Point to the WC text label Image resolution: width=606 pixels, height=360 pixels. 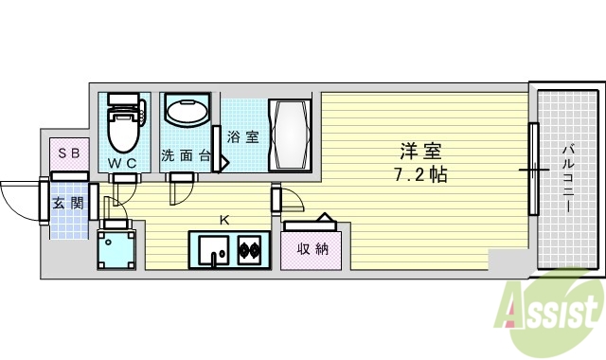tap(124, 163)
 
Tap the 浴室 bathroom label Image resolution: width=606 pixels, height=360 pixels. tap(242, 136)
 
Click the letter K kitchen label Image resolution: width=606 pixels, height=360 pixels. tap(224, 220)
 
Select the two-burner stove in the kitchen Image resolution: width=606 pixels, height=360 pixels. tap(249, 251)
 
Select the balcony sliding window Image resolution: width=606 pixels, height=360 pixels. tap(534, 171)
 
